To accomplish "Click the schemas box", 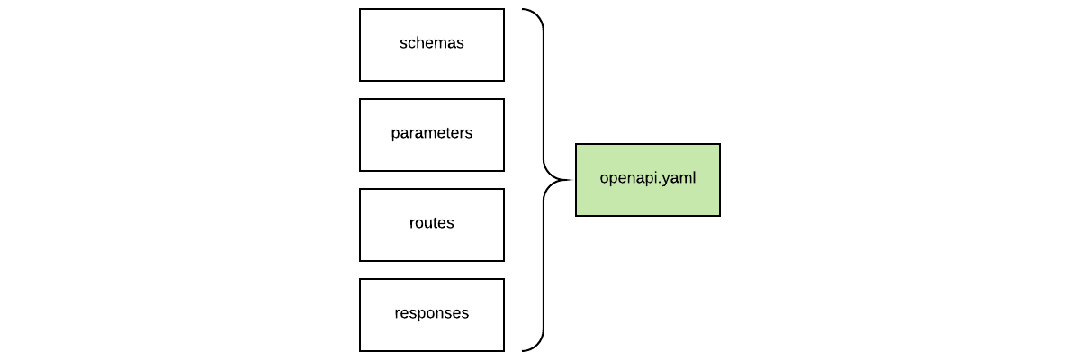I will [x=432, y=45].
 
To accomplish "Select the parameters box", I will [x=432, y=135].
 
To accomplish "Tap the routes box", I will [x=432, y=225].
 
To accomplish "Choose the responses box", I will [x=432, y=315].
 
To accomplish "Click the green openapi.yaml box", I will [x=648, y=180].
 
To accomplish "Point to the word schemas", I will [x=432, y=43].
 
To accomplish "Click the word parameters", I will [x=432, y=133].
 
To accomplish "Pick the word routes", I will [x=432, y=223].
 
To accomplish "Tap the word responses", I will [x=432, y=313].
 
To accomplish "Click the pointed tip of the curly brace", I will [x=571, y=180].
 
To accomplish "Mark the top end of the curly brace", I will [x=523, y=10].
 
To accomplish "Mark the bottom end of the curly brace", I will [x=523, y=350].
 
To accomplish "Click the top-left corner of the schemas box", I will [x=360, y=9].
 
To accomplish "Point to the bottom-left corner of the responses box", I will [x=360, y=351].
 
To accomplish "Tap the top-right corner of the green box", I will [x=720, y=144].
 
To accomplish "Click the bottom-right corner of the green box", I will [x=720, y=216].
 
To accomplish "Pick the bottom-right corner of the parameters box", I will [x=504, y=171].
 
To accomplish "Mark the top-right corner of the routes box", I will [x=504, y=189].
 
